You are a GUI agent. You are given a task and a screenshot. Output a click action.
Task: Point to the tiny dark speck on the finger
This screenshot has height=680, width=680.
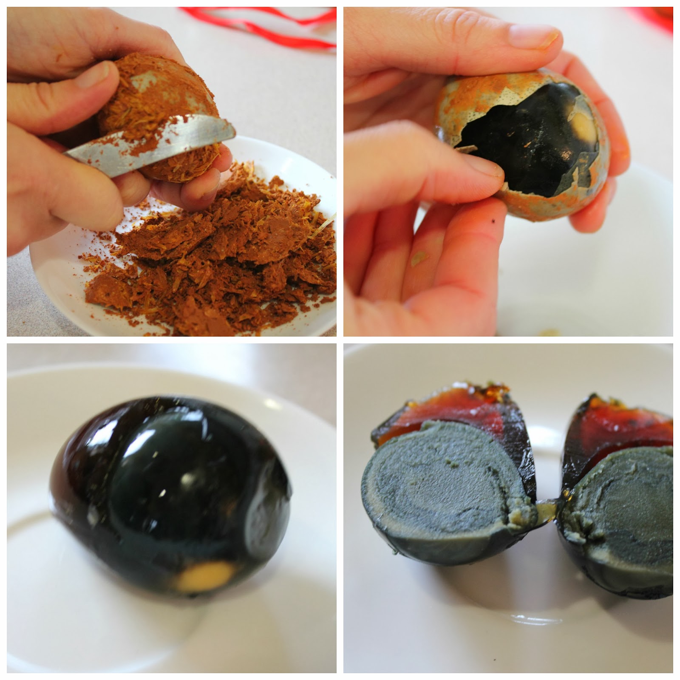[x=492, y=222]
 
